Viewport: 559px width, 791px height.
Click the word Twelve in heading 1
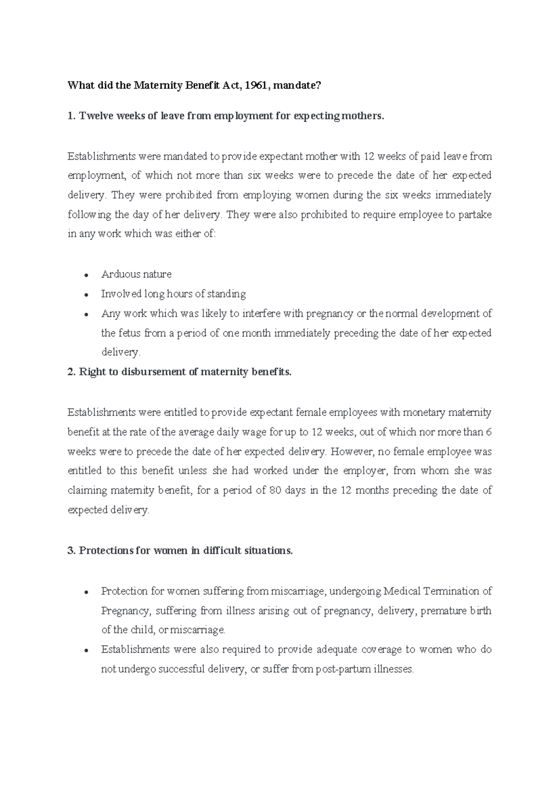pos(95,116)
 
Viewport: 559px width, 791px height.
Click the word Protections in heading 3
pos(106,550)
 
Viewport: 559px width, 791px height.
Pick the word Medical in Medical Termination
pos(402,591)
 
